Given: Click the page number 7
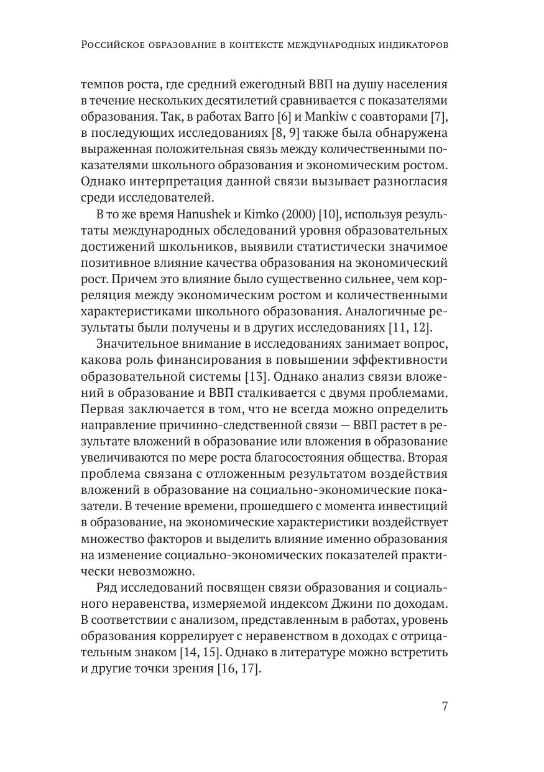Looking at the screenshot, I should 445,707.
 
